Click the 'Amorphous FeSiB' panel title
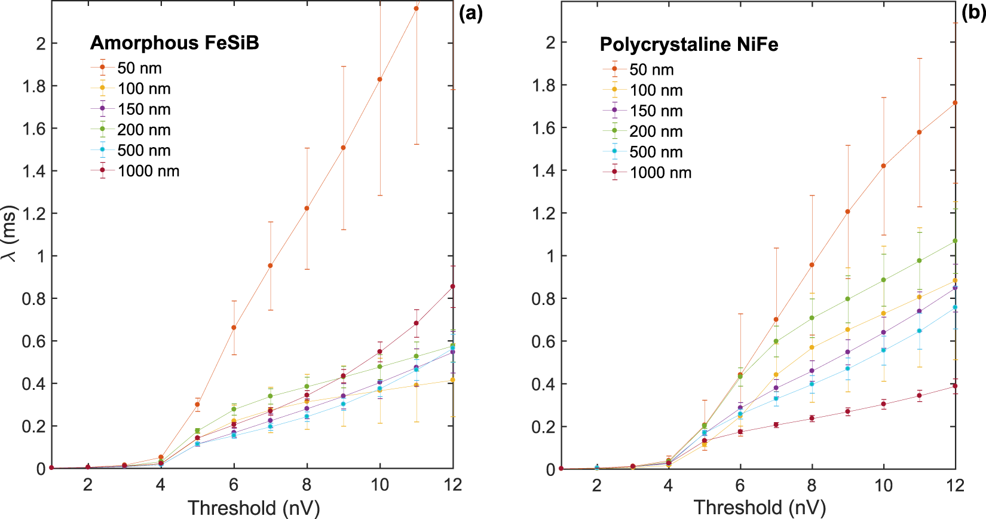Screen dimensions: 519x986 point(174,43)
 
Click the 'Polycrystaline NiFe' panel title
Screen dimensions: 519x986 point(688,45)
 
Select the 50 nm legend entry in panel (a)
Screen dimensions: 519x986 point(139,68)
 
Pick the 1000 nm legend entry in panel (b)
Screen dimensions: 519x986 point(660,173)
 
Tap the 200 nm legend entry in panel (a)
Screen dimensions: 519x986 point(143,130)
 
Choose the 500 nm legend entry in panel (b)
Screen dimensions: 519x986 point(656,152)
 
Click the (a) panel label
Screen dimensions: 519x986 point(470,13)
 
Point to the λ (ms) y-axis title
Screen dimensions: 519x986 point(10,234)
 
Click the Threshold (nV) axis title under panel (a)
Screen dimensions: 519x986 point(253,508)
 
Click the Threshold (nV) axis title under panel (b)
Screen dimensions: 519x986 point(760,508)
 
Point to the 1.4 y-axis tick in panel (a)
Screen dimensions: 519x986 point(34,171)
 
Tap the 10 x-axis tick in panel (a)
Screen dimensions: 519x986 point(379,485)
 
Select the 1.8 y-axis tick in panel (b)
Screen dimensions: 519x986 point(543,86)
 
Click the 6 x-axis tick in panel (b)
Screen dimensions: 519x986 point(740,486)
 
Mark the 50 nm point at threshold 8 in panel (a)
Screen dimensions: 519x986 point(307,208)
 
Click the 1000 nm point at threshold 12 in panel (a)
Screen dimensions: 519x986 point(452,286)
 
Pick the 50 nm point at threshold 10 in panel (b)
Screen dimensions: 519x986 point(883,166)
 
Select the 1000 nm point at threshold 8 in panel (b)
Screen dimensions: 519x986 point(812,418)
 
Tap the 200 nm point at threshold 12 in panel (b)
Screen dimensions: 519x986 point(955,241)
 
